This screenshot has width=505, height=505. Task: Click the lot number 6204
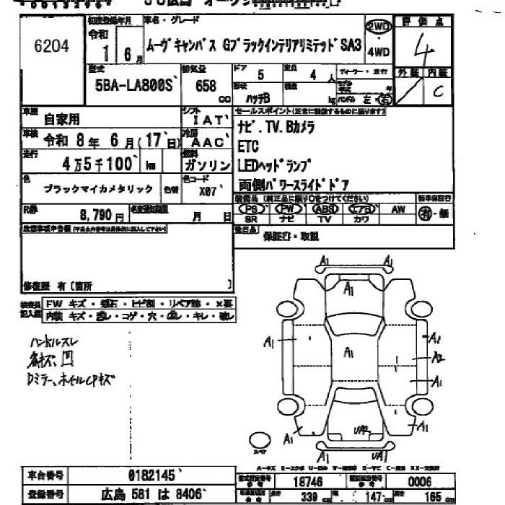tap(51, 47)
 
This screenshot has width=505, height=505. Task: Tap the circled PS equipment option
tap(251, 208)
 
